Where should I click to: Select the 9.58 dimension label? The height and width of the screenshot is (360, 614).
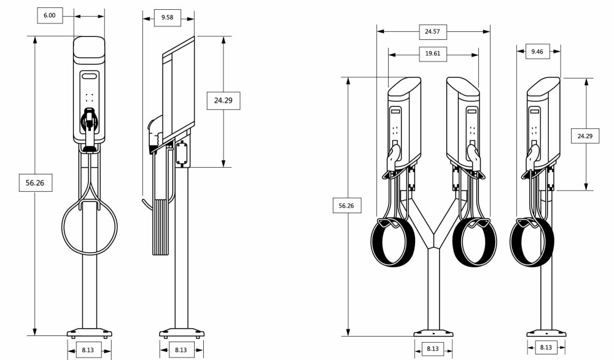tap(167, 18)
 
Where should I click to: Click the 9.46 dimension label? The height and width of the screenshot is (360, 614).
tap(537, 52)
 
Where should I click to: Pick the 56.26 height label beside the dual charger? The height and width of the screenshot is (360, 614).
tap(346, 206)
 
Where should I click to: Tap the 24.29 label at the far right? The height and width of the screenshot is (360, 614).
tap(585, 136)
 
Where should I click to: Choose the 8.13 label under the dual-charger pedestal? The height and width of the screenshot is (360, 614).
tap(432, 348)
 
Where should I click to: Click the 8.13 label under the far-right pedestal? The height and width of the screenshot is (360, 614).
tap(545, 348)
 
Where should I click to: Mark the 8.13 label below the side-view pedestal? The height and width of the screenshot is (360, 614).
tap(181, 350)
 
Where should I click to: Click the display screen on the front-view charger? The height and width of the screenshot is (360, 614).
tap(90, 77)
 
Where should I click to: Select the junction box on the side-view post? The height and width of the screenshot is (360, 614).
tap(183, 154)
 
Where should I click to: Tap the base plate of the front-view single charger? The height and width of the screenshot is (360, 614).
tap(90, 334)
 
